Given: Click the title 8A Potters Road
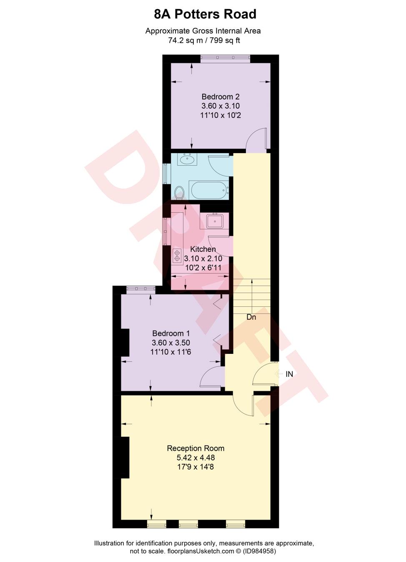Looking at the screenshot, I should tap(205, 14).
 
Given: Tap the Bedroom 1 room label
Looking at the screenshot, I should tap(171, 333).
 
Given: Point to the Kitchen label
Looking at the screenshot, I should tap(203, 249).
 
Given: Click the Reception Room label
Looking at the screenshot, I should tap(195, 448).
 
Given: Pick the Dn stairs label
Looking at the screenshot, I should tap(251, 317).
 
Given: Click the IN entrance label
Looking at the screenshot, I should tap(289, 374).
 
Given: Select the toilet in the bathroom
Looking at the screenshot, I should tap(179, 193).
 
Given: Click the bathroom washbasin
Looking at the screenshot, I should tap(187, 159).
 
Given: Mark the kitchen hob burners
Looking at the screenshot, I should tap(177, 255).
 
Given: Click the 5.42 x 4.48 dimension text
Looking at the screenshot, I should tap(195, 458).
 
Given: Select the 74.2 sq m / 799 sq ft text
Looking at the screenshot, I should tap(204, 40).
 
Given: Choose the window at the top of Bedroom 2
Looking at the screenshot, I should tap(225, 59).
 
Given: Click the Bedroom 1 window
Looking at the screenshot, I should tap(141, 290).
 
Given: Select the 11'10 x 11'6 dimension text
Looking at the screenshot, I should tap(171, 352).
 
